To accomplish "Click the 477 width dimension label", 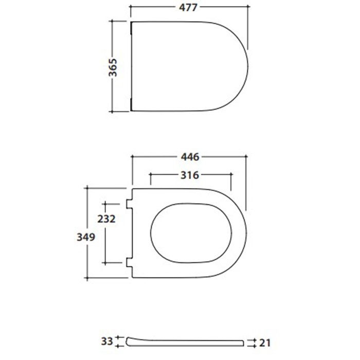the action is point(188,8).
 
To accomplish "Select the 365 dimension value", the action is point(113,67).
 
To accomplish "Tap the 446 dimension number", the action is point(190,157).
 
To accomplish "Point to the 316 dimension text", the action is point(190,175).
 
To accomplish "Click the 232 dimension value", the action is point(106,219).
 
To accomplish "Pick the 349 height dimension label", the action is point(86,237).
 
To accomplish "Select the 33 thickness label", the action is point(107,341).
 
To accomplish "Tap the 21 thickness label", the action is point(265,343).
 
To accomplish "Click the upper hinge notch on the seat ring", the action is point(129,204).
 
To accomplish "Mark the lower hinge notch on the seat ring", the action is point(129,262).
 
